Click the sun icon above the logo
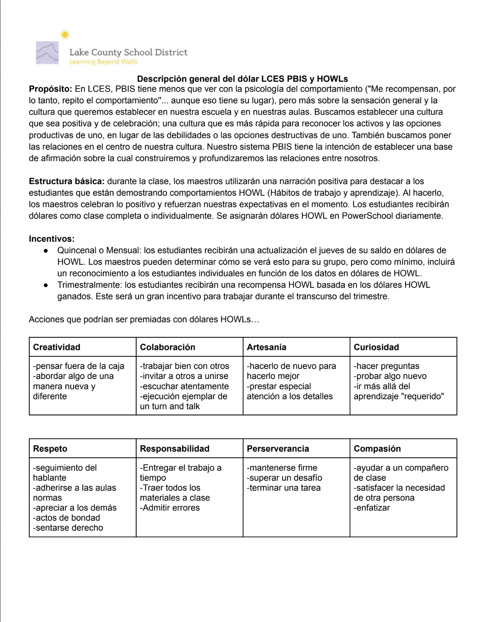click(x=65, y=35)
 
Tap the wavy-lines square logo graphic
click(x=47, y=53)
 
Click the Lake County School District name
click(x=128, y=52)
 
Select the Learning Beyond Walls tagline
click(x=103, y=62)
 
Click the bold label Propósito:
click(x=50, y=89)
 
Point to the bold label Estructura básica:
click(x=67, y=181)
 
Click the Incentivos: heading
click(x=52, y=239)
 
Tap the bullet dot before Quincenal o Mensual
click(x=46, y=251)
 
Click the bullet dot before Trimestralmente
click(x=46, y=285)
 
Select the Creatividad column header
click(x=57, y=347)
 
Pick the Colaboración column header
click(x=168, y=347)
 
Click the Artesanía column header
click(x=267, y=347)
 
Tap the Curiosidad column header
click(x=376, y=347)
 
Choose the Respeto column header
click(x=50, y=448)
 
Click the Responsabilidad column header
click(x=174, y=448)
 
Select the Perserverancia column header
click(x=278, y=448)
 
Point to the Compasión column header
click(x=377, y=448)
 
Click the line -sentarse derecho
click(x=68, y=528)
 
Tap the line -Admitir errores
click(x=170, y=508)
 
